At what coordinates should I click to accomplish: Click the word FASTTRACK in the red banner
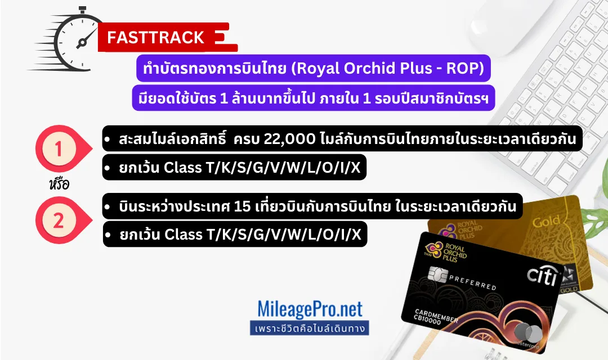(x=155, y=38)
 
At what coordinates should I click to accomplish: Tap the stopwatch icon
(x=66, y=39)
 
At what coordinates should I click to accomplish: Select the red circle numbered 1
(x=59, y=149)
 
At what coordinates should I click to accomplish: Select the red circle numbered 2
(x=59, y=220)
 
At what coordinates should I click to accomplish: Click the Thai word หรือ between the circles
(x=59, y=183)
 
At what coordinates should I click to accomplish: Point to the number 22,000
(x=290, y=139)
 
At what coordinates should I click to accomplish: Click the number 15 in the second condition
(x=242, y=206)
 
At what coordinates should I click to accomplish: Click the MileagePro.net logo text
(x=310, y=309)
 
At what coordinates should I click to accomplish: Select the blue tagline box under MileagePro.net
(x=310, y=328)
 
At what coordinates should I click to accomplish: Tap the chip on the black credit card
(x=438, y=274)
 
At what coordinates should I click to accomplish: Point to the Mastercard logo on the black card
(x=527, y=333)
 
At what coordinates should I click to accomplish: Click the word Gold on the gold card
(x=546, y=222)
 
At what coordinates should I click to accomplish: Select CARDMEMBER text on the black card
(x=436, y=316)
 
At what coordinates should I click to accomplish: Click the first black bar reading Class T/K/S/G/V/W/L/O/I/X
(x=234, y=168)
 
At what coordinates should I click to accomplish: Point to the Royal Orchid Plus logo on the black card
(x=446, y=252)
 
